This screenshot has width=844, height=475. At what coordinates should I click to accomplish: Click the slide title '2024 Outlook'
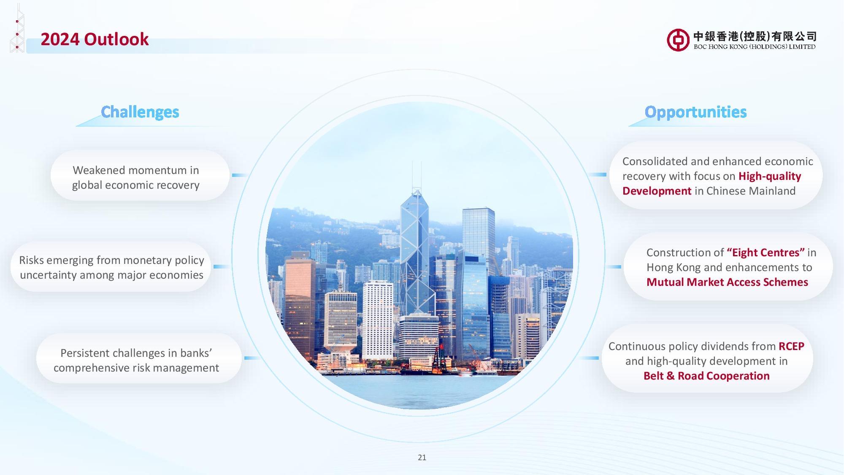point(95,39)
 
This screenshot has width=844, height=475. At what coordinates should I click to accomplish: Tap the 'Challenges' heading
point(140,112)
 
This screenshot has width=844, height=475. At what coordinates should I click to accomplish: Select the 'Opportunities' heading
point(695,112)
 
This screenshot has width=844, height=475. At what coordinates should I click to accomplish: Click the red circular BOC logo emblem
point(678,40)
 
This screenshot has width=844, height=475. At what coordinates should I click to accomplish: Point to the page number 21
point(422,457)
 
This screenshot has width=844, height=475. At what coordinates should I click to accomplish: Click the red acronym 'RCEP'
point(791,346)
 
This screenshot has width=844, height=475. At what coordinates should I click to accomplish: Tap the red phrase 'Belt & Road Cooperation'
point(706,376)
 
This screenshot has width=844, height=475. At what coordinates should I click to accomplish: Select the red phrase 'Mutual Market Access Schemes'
point(727,282)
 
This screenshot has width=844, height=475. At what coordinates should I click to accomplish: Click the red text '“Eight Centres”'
point(766,252)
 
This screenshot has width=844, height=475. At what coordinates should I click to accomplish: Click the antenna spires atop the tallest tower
point(417,175)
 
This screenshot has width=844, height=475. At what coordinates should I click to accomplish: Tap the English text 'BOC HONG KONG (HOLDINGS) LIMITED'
point(755,47)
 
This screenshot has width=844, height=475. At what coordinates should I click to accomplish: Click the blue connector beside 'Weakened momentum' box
point(239,175)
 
